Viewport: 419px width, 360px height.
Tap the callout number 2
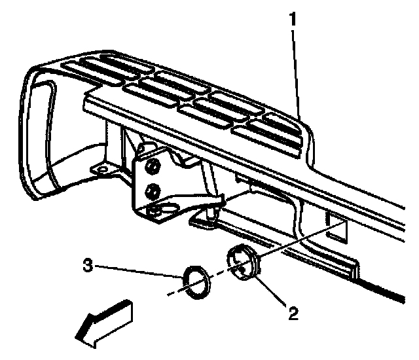click(293, 313)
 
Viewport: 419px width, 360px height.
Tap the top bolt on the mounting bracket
click(151, 168)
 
